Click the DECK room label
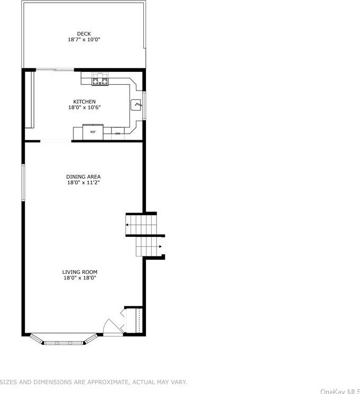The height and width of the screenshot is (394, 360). pos(84,34)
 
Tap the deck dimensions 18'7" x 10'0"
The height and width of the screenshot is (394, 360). pos(84,40)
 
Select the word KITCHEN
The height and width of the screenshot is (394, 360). pos(84,102)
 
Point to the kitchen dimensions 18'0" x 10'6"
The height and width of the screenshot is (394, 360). pos(84,107)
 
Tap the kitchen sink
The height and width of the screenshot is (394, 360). pos(137,105)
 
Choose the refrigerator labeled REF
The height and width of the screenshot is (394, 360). pos(93,132)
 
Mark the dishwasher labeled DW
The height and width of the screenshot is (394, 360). pos(118,133)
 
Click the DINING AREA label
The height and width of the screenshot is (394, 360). pos(83,177)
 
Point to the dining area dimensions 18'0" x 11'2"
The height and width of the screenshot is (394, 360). pos(83,182)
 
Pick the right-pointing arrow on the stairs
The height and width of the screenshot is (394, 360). pos(160,246)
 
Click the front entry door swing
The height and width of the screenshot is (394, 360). pos(112,327)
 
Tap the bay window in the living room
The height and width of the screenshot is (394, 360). pos(63,341)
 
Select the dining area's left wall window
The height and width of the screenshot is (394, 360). pos(23,182)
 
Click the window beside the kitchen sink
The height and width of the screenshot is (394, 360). pos(144,105)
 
